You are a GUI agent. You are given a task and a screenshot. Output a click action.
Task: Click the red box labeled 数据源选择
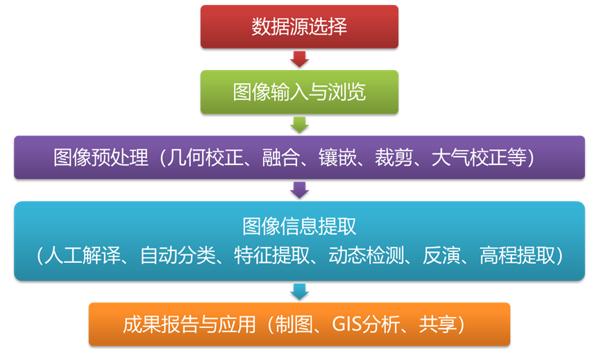point(299,27)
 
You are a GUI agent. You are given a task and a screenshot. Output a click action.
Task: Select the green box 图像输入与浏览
point(299,92)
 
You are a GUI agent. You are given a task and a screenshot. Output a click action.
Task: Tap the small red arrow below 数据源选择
point(299,59)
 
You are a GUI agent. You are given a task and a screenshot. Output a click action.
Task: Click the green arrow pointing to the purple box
point(299,124)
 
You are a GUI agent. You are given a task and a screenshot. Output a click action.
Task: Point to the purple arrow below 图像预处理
point(299,189)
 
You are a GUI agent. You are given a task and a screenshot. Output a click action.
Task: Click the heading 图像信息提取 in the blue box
point(299,226)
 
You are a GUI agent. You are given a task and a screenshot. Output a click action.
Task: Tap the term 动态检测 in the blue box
point(362,255)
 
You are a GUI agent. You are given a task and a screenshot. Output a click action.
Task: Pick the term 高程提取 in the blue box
point(517,255)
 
